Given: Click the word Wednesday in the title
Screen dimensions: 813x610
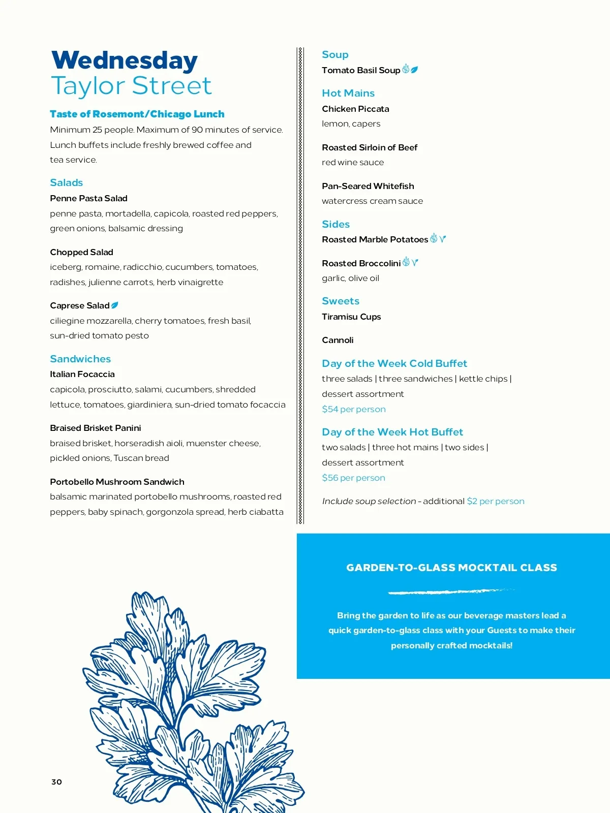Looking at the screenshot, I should [125, 60].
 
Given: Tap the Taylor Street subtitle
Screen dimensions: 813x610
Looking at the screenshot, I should [131, 86].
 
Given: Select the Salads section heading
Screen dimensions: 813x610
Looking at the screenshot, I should [66, 182].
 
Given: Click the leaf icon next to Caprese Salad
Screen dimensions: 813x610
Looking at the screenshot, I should [115, 305].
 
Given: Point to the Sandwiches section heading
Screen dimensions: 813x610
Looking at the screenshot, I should [80, 359].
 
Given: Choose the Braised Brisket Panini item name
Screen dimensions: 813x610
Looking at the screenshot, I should [96, 428].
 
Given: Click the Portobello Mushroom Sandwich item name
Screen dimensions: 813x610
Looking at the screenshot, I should [117, 482].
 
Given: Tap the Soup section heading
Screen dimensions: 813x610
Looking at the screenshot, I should [335, 54].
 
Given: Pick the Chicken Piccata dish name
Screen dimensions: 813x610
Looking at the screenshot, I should [355, 109].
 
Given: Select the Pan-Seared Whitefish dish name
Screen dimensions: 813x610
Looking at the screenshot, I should [368, 186].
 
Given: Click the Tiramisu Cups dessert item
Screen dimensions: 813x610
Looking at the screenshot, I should [351, 317].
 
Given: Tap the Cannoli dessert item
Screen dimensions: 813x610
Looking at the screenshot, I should [338, 340].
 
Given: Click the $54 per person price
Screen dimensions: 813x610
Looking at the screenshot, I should [353, 409].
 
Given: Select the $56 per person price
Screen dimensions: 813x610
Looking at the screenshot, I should [353, 478].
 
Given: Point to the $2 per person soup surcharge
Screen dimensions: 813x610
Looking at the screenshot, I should [495, 501].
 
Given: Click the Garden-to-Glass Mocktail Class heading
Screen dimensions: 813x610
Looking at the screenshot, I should [451, 568].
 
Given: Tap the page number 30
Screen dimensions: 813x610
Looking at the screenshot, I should [56, 782].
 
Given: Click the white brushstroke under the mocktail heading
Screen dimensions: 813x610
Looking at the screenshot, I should [450, 591].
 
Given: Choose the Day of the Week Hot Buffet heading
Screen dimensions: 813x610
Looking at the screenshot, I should [392, 432].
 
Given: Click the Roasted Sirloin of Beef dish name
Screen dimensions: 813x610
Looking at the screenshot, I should [370, 147].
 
